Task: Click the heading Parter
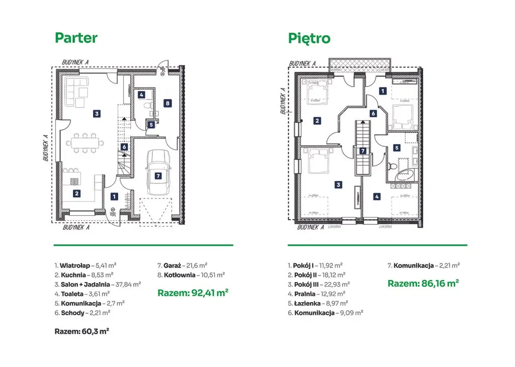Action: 76,38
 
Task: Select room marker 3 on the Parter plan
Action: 96,114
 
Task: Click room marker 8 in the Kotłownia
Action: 167,103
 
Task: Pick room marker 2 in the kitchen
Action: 76,193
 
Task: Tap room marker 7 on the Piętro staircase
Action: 363,150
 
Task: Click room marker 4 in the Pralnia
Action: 377,197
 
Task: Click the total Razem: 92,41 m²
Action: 193,293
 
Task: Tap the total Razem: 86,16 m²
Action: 423,284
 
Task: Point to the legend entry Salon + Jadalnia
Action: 98,284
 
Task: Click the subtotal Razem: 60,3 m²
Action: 82,331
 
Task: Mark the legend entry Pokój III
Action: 315,284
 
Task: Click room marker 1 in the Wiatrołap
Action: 114,197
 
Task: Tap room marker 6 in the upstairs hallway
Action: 373,114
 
